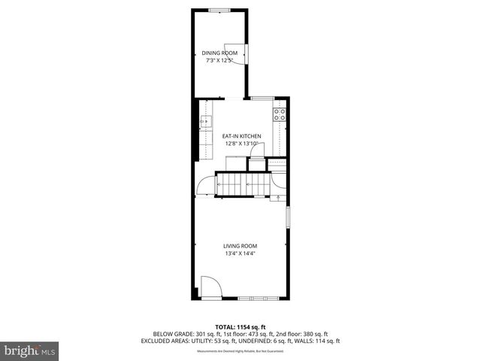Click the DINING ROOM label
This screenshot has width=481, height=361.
(219, 53)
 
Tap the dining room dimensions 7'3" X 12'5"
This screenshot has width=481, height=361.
(219, 60)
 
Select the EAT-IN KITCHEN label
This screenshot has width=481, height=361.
(240, 136)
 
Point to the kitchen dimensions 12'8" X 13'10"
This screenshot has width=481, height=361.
(240, 144)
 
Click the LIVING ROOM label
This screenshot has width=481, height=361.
(240, 246)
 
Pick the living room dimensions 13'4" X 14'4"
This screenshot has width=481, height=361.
(240, 253)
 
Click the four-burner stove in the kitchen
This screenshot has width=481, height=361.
(279, 115)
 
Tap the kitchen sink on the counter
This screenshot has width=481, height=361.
(204, 120)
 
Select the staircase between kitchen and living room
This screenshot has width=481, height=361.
(243, 184)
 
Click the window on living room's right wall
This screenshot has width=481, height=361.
(286, 217)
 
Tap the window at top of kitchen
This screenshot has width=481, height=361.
(262, 98)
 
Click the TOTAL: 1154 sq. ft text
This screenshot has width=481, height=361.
(240, 326)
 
